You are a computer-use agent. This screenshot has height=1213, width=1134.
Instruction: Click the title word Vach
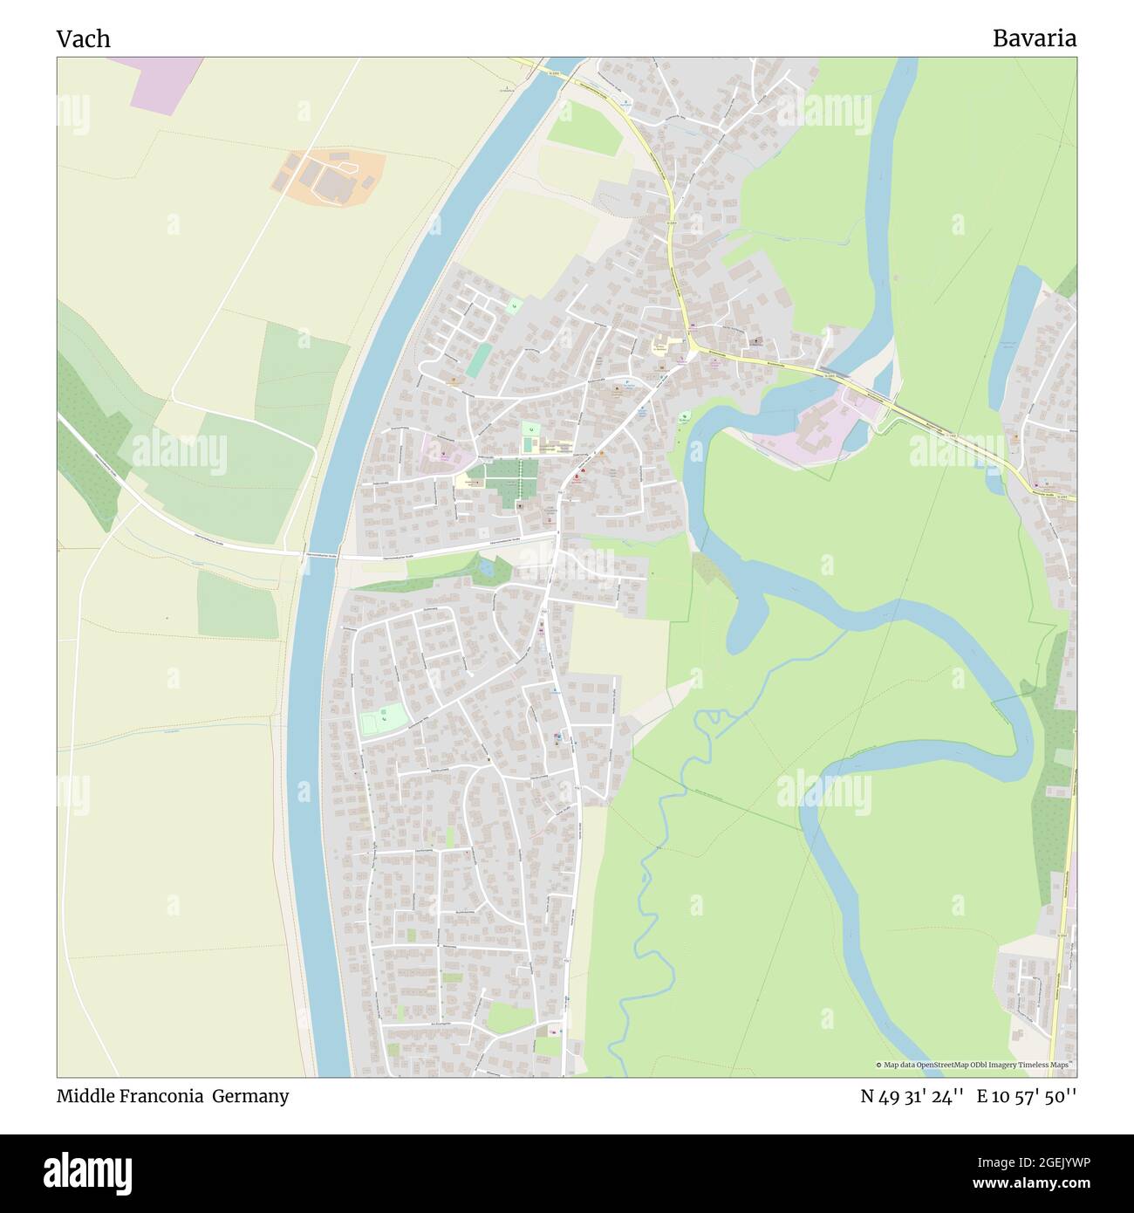tap(84, 39)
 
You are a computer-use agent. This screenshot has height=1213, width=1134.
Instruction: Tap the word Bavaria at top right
tap(1034, 38)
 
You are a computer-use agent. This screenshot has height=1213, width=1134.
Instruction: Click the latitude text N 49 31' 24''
tap(912, 1096)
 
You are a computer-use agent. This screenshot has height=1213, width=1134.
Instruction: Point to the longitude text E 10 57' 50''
tap(1027, 1096)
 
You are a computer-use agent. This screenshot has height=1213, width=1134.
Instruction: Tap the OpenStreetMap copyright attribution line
tap(974, 1065)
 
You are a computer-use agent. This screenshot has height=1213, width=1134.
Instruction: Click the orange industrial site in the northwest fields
tap(328, 179)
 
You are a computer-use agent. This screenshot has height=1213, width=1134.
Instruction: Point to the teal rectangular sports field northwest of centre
tap(478, 360)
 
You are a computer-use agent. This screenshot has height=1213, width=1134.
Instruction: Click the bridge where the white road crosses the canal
tap(323, 557)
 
